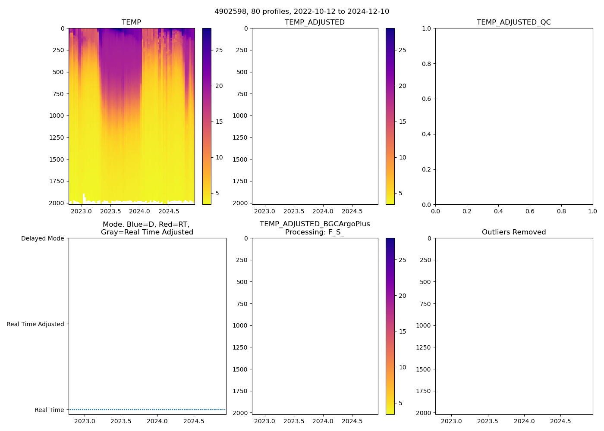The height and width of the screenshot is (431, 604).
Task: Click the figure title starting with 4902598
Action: pyautogui.click(x=302, y=11)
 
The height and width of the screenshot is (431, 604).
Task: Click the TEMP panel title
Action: pyautogui.click(x=131, y=22)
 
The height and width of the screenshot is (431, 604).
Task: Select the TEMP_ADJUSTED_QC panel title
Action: pyautogui.click(x=513, y=22)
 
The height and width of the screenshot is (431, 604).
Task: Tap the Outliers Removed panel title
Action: pyautogui.click(x=513, y=232)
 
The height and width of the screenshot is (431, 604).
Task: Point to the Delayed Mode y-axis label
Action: pyautogui.click(x=42, y=238)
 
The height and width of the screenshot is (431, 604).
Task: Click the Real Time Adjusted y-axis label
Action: pyautogui.click(x=35, y=324)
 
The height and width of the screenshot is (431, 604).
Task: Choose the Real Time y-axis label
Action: pyautogui.click(x=49, y=410)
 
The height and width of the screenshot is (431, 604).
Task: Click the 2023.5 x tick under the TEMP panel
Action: pyautogui.click(x=110, y=211)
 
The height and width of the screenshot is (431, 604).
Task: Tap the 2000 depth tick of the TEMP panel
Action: pyautogui.click(x=56, y=203)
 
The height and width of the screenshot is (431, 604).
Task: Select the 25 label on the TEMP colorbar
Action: pyautogui.click(x=219, y=50)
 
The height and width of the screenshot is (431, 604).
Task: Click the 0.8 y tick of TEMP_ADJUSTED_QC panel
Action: pyautogui.click(x=426, y=64)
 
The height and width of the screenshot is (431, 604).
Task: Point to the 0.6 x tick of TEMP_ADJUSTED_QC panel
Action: pyautogui.click(x=530, y=211)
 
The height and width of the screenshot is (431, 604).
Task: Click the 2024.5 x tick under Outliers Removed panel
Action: pyautogui.click(x=560, y=421)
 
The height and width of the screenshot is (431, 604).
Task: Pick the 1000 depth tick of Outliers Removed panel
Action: pyautogui.click(x=423, y=325)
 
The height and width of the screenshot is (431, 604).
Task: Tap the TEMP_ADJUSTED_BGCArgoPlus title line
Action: pyautogui.click(x=315, y=224)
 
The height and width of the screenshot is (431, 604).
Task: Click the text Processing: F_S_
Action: pyautogui.click(x=315, y=232)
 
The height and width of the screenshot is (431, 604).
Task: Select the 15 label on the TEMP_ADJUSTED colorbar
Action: pyautogui.click(x=403, y=122)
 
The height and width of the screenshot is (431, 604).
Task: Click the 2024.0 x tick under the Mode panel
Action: pyautogui.click(x=157, y=421)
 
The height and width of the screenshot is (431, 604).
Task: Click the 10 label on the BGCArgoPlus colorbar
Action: pyautogui.click(x=403, y=367)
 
